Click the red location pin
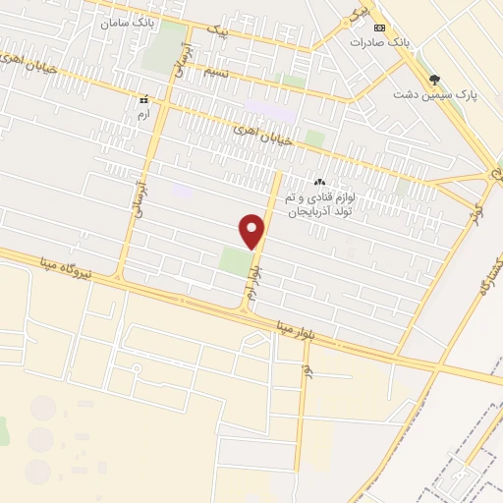253,231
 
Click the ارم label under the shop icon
144,114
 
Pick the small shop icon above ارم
144,100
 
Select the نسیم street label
217,74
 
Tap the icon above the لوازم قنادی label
318,183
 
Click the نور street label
307,372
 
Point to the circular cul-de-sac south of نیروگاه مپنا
137,368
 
